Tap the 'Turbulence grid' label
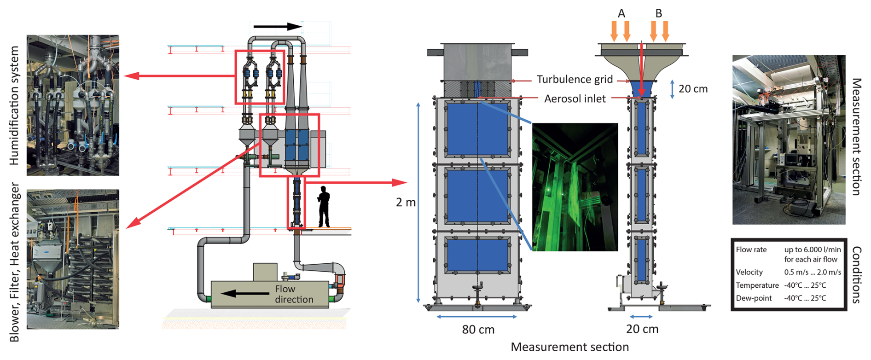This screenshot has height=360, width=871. [575, 80]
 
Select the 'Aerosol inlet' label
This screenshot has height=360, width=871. [575, 99]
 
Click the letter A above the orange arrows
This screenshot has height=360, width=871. [621, 14]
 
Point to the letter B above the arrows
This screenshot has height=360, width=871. [659, 14]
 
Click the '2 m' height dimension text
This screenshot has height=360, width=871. [406, 203]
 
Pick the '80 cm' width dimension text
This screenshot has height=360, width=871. [478, 330]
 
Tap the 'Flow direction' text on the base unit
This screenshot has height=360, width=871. [294, 294]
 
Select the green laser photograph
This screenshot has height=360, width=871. [575, 186]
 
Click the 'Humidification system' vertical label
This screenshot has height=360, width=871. [14, 105]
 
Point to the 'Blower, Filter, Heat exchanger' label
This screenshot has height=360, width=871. [14, 262]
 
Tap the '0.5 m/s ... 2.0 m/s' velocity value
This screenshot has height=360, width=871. [813, 272]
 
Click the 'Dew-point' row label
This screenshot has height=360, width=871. [754, 298]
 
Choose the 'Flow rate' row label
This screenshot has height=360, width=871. [751, 250]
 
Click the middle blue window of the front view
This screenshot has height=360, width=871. [477, 196]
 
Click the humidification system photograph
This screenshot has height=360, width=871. [73, 105]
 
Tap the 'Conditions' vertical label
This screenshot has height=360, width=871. [856, 274]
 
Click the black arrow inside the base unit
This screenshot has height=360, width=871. [244, 294]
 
